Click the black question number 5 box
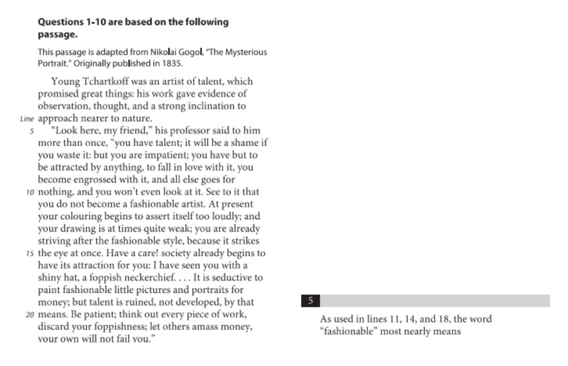[310, 301]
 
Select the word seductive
[236, 278]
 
